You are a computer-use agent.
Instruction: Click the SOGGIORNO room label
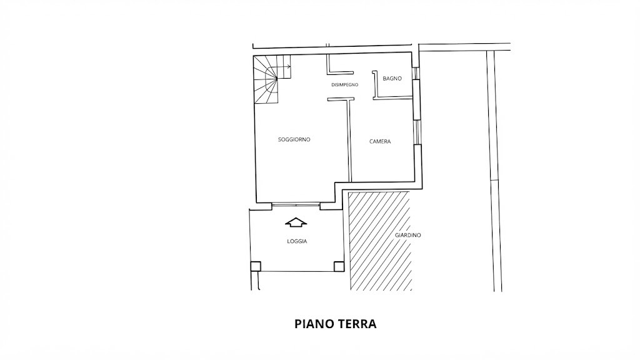tap(294, 139)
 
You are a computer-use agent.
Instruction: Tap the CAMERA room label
tap(380, 142)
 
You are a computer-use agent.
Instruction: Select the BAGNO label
tap(392, 78)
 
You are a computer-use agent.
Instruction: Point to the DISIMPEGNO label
tap(345, 85)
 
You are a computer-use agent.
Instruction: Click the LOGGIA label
tap(297, 241)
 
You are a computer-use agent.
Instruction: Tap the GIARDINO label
tap(407, 235)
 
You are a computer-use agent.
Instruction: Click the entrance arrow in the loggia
tap(296, 222)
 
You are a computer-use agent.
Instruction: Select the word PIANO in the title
tap(314, 324)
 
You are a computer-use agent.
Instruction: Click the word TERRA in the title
tap(356, 324)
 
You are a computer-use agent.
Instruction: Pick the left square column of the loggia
tap(256, 266)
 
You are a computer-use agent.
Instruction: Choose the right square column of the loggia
tap(339, 266)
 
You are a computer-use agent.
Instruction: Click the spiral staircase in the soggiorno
tap(267, 80)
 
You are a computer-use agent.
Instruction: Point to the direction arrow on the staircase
tap(283, 67)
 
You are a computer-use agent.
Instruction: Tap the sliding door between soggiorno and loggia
tap(296, 204)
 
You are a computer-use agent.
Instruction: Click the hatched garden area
tap(379, 241)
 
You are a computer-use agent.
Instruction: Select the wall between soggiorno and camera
tap(349, 140)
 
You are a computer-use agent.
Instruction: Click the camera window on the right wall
tap(416, 132)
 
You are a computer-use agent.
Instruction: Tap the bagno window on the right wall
tap(416, 73)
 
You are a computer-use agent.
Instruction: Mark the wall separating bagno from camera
tap(392, 97)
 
